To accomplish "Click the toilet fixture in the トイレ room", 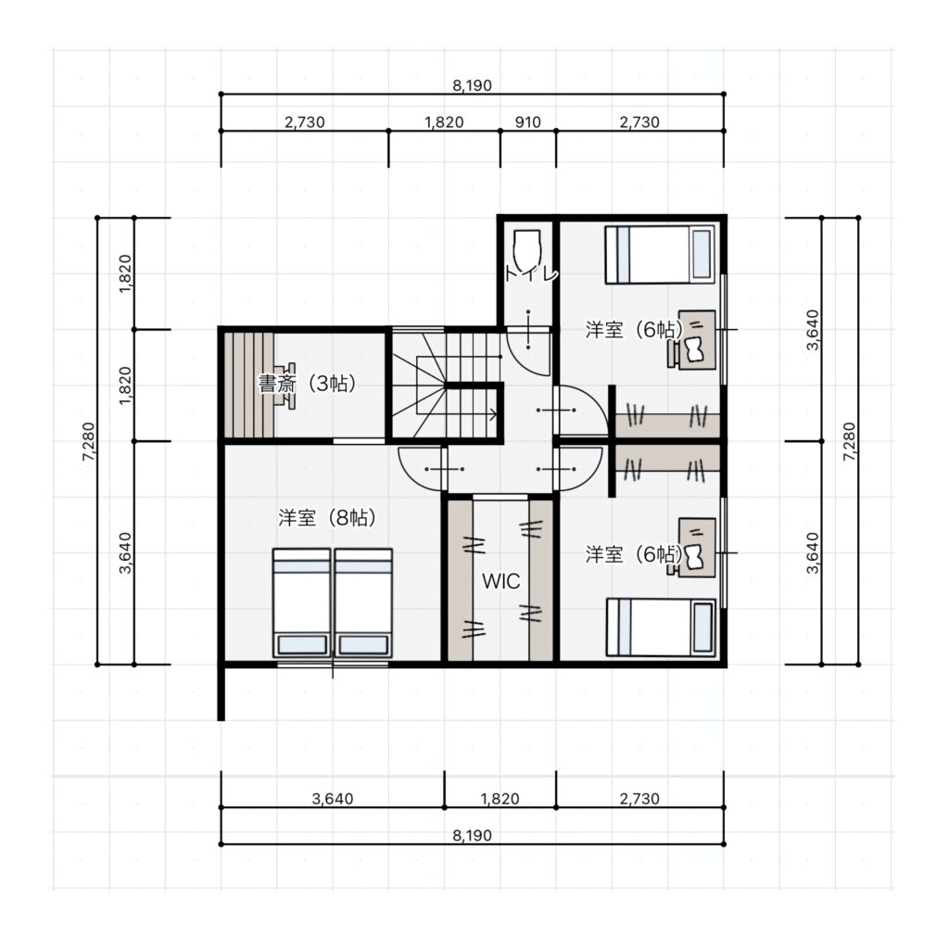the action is [527, 248].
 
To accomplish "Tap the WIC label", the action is [500, 581].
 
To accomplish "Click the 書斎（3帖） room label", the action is [306, 384].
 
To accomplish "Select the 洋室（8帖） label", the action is [327, 518].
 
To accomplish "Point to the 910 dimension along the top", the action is [527, 122].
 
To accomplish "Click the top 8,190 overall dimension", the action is [472, 85].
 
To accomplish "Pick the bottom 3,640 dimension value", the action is [333, 799].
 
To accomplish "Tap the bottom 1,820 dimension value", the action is [500, 799].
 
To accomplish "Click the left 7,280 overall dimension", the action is [89, 441].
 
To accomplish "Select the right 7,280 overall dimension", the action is [850, 441].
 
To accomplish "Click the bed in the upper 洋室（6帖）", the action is [660, 255].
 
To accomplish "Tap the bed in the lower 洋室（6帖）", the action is [661, 627].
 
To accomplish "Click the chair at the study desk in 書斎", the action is [285, 386].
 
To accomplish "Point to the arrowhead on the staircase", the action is [493, 414].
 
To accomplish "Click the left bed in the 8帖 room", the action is [301, 602].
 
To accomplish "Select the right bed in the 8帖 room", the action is [363, 602].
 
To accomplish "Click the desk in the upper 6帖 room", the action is [697, 339].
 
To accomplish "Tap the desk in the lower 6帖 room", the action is [697, 547].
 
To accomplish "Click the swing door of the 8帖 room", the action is [420, 468].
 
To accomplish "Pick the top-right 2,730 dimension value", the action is [639, 122].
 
